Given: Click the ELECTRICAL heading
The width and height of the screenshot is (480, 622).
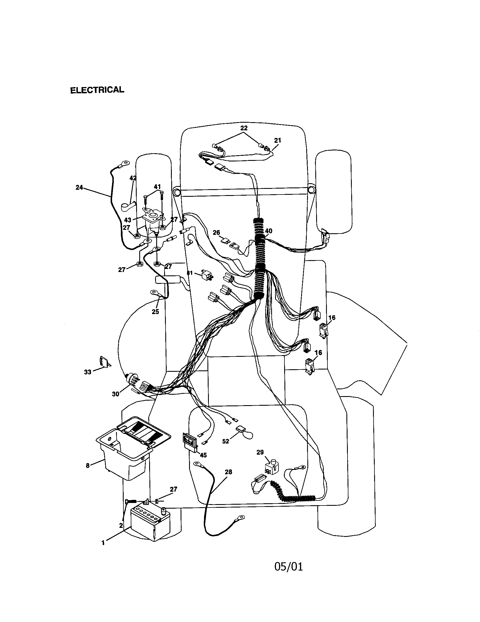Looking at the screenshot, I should click(97, 90).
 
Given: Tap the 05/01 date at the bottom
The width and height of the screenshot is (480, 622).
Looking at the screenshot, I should click(288, 567).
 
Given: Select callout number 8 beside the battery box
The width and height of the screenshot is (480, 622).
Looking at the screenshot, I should click(88, 465).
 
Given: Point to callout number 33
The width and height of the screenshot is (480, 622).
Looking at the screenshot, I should click(87, 372).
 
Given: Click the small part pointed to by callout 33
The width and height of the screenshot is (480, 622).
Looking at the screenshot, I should click(104, 361).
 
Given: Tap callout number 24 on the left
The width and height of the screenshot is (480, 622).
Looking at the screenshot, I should click(79, 187).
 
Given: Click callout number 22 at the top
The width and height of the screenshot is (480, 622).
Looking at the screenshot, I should click(244, 128).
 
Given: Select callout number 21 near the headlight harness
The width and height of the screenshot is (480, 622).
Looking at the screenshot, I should click(278, 140).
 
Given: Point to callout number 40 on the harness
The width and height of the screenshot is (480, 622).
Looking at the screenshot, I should click(269, 231).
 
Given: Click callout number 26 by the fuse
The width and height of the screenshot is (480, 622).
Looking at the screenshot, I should click(216, 233).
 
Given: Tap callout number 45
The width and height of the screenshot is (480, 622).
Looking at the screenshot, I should click(203, 455).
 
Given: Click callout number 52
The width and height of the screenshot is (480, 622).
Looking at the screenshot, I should click(226, 441).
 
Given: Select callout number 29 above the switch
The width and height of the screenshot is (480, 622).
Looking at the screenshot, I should click(260, 452).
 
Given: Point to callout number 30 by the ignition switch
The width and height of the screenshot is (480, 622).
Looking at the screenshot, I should click(115, 394).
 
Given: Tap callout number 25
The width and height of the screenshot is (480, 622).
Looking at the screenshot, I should click(155, 312).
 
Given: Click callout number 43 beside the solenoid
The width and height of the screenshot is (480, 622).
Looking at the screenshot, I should click(128, 220).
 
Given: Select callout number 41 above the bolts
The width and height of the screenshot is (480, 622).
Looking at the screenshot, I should click(157, 187).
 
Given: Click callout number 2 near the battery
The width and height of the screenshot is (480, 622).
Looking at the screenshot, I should click(121, 526).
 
